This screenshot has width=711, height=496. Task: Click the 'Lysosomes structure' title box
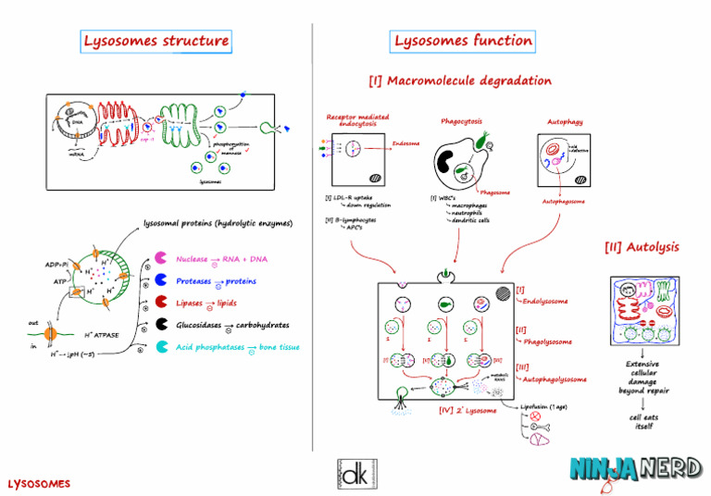point(156,41)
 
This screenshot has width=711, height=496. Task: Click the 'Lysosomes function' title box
point(463,41)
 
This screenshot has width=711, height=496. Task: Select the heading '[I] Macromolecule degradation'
point(460,81)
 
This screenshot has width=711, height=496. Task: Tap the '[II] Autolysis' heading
point(642,247)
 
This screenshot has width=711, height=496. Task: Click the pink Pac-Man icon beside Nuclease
point(160,259)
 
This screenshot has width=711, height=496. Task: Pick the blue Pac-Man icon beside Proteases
point(160,280)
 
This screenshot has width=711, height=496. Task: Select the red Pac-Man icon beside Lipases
point(160,303)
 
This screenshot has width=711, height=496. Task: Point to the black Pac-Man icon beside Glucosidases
point(160,325)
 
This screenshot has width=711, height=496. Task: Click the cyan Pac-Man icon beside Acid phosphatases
point(160,347)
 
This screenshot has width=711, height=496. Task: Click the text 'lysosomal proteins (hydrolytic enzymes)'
point(218,223)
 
